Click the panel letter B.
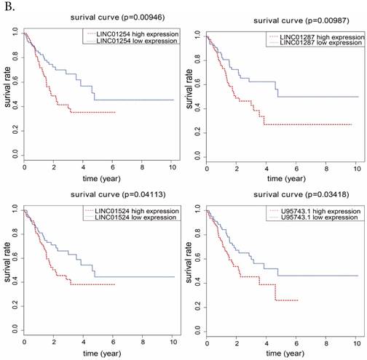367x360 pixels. (x=7, y=5)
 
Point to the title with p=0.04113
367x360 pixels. (x=102, y=195)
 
